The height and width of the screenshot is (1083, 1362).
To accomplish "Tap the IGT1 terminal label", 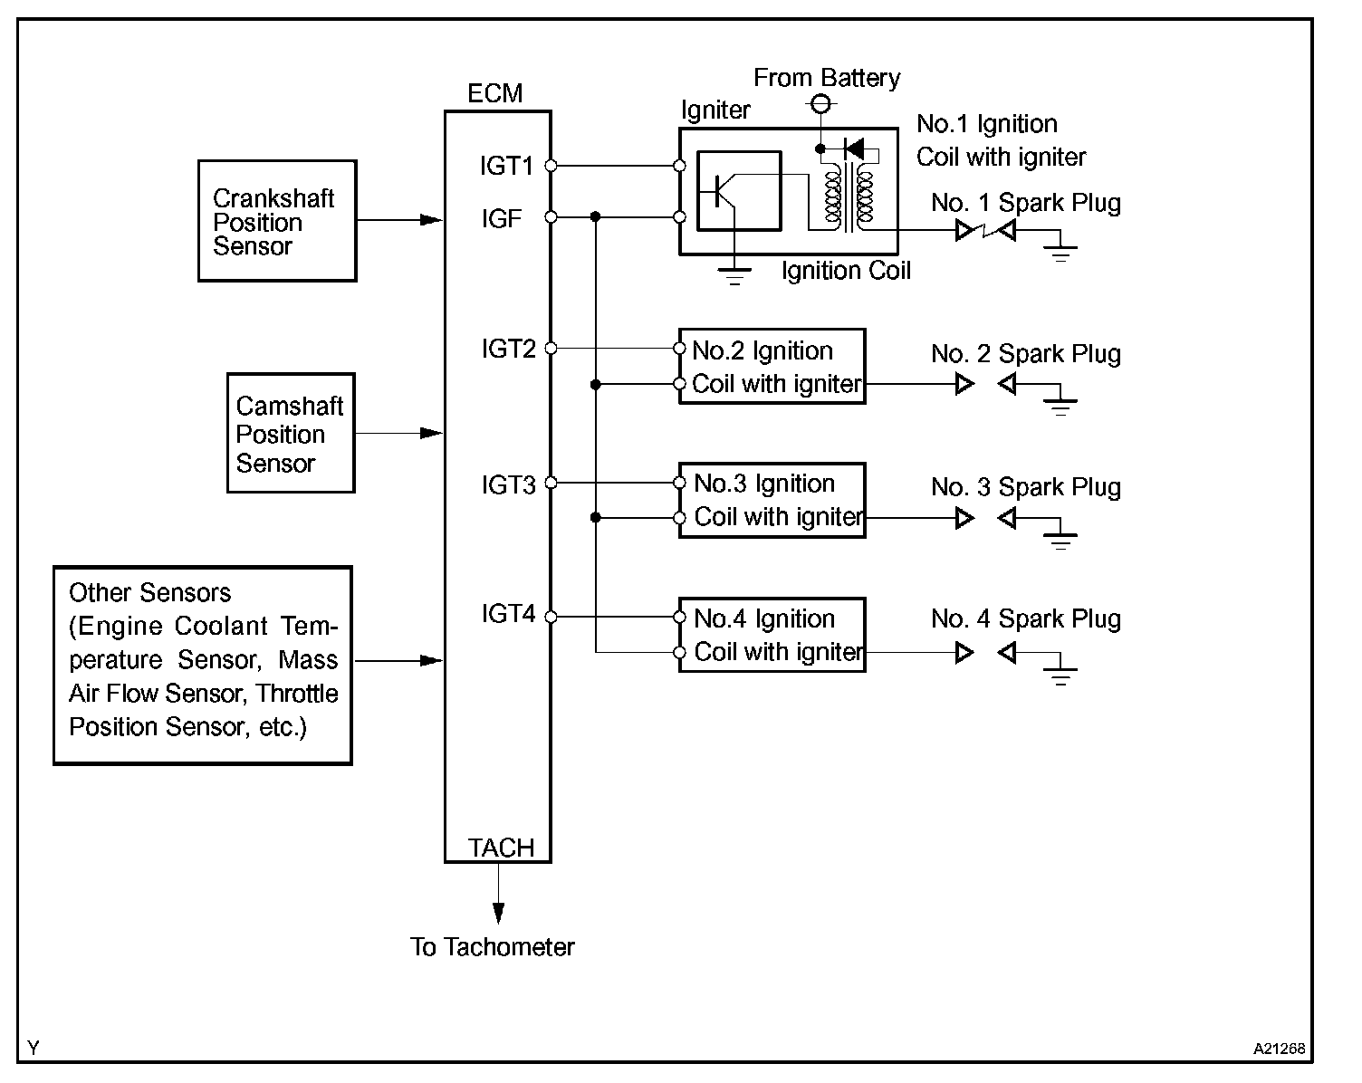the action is [x=506, y=167].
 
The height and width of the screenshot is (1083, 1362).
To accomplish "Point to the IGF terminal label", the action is [x=502, y=219].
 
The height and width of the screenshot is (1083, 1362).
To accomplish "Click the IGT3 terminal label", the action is [x=508, y=485].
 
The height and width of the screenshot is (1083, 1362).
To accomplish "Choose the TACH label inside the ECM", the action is [x=501, y=848].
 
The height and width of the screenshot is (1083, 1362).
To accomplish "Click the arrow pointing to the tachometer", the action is [x=498, y=893].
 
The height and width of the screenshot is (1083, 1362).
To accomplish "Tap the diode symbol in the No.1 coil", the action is [x=854, y=149].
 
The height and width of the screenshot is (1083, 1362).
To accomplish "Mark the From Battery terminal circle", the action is [x=820, y=103].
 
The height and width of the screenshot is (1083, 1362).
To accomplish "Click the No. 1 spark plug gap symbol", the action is [x=986, y=230].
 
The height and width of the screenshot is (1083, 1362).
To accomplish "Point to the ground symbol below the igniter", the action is [x=734, y=276].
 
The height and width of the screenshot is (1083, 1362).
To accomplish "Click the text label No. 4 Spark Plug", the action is [x=1025, y=619].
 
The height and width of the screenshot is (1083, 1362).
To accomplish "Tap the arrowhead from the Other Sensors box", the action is [x=431, y=661].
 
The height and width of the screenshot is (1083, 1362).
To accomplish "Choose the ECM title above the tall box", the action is [x=495, y=93].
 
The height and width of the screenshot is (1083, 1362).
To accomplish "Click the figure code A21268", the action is [x=1279, y=1049].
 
